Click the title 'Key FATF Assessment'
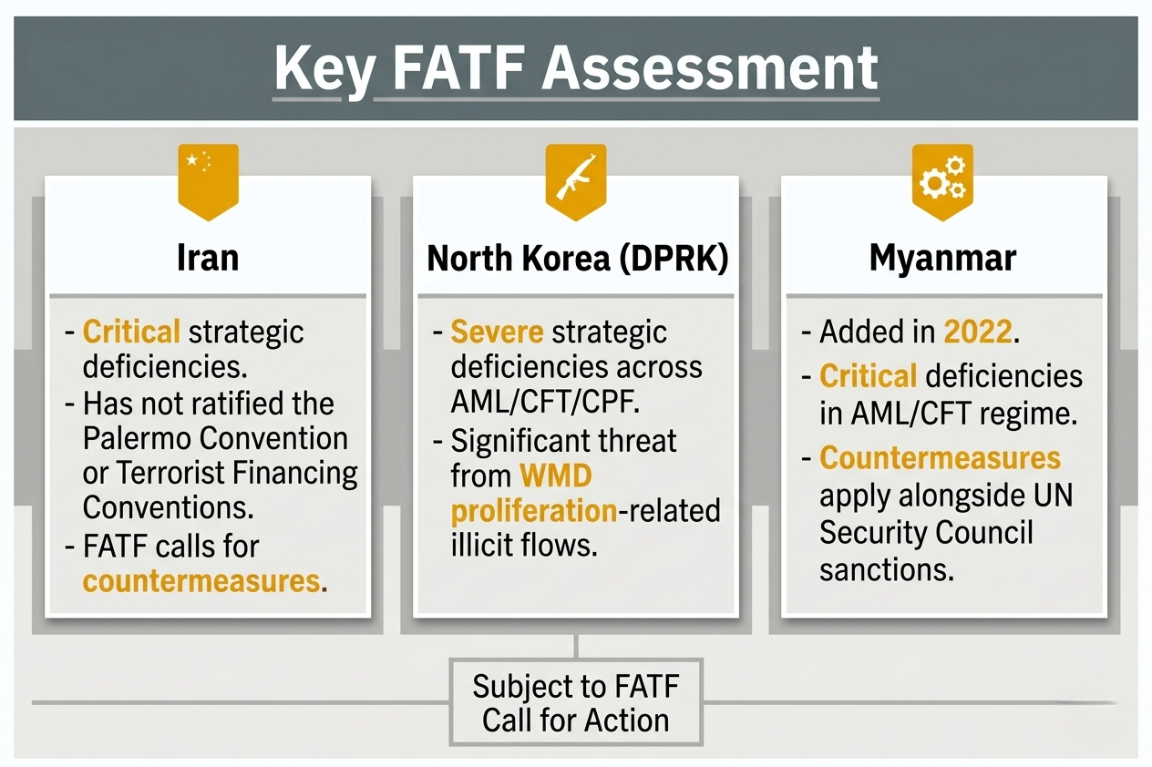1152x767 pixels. [576, 69]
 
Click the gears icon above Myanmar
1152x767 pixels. [943, 178]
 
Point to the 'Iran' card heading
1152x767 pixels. [208, 258]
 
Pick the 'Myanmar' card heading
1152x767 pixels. [942, 258]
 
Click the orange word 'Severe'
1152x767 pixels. [497, 332]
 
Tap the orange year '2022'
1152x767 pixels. [977, 332]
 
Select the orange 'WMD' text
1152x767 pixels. [556, 476]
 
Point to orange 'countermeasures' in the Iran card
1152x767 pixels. [201, 580]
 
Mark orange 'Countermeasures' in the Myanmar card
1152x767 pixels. [940, 457]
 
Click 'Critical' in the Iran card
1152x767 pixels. [131, 332]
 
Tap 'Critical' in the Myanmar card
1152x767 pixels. [868, 376]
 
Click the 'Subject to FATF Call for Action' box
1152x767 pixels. [576, 702]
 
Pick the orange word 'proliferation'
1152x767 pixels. [534, 511]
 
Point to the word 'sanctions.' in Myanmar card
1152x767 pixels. [886, 569]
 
